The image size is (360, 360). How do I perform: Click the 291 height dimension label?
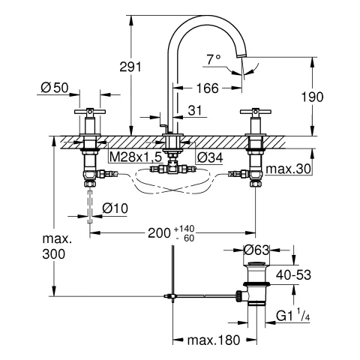pos(130,67)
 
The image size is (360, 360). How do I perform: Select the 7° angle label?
pos(214,58)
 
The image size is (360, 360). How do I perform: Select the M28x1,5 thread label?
pos(135,157)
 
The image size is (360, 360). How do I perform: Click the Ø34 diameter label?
pos(209,157)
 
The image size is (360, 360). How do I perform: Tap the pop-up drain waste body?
pos(255,289)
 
